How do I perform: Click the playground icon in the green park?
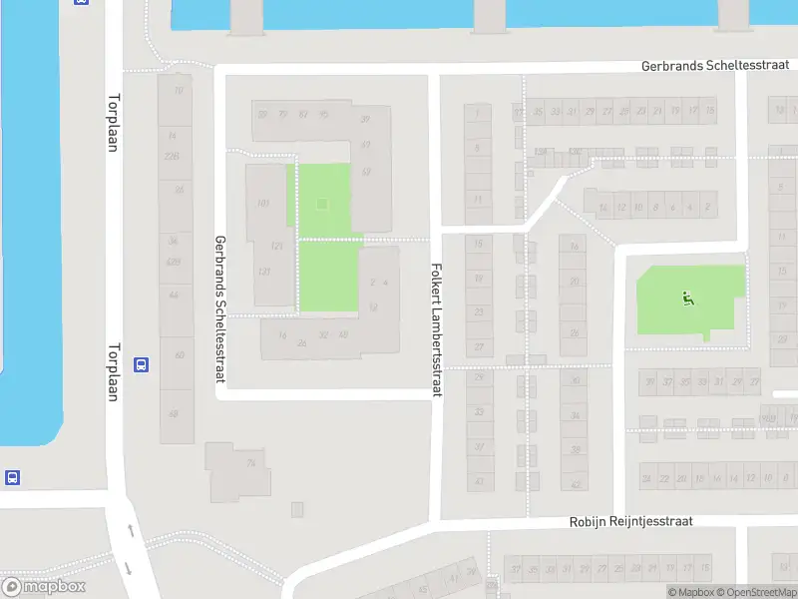687,297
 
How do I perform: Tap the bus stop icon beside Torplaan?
142,365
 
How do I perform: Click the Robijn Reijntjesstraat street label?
630,521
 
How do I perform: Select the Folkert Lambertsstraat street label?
436,329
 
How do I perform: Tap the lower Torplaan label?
113,372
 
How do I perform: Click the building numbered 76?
251,463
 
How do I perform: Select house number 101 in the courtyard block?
263,204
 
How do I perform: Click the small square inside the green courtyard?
321,205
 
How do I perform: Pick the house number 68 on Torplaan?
175,413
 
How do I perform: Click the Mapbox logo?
44,587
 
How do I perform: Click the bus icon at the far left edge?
12,478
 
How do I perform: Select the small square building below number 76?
297,509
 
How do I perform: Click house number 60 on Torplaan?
179,355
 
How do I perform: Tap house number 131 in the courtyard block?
276,246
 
